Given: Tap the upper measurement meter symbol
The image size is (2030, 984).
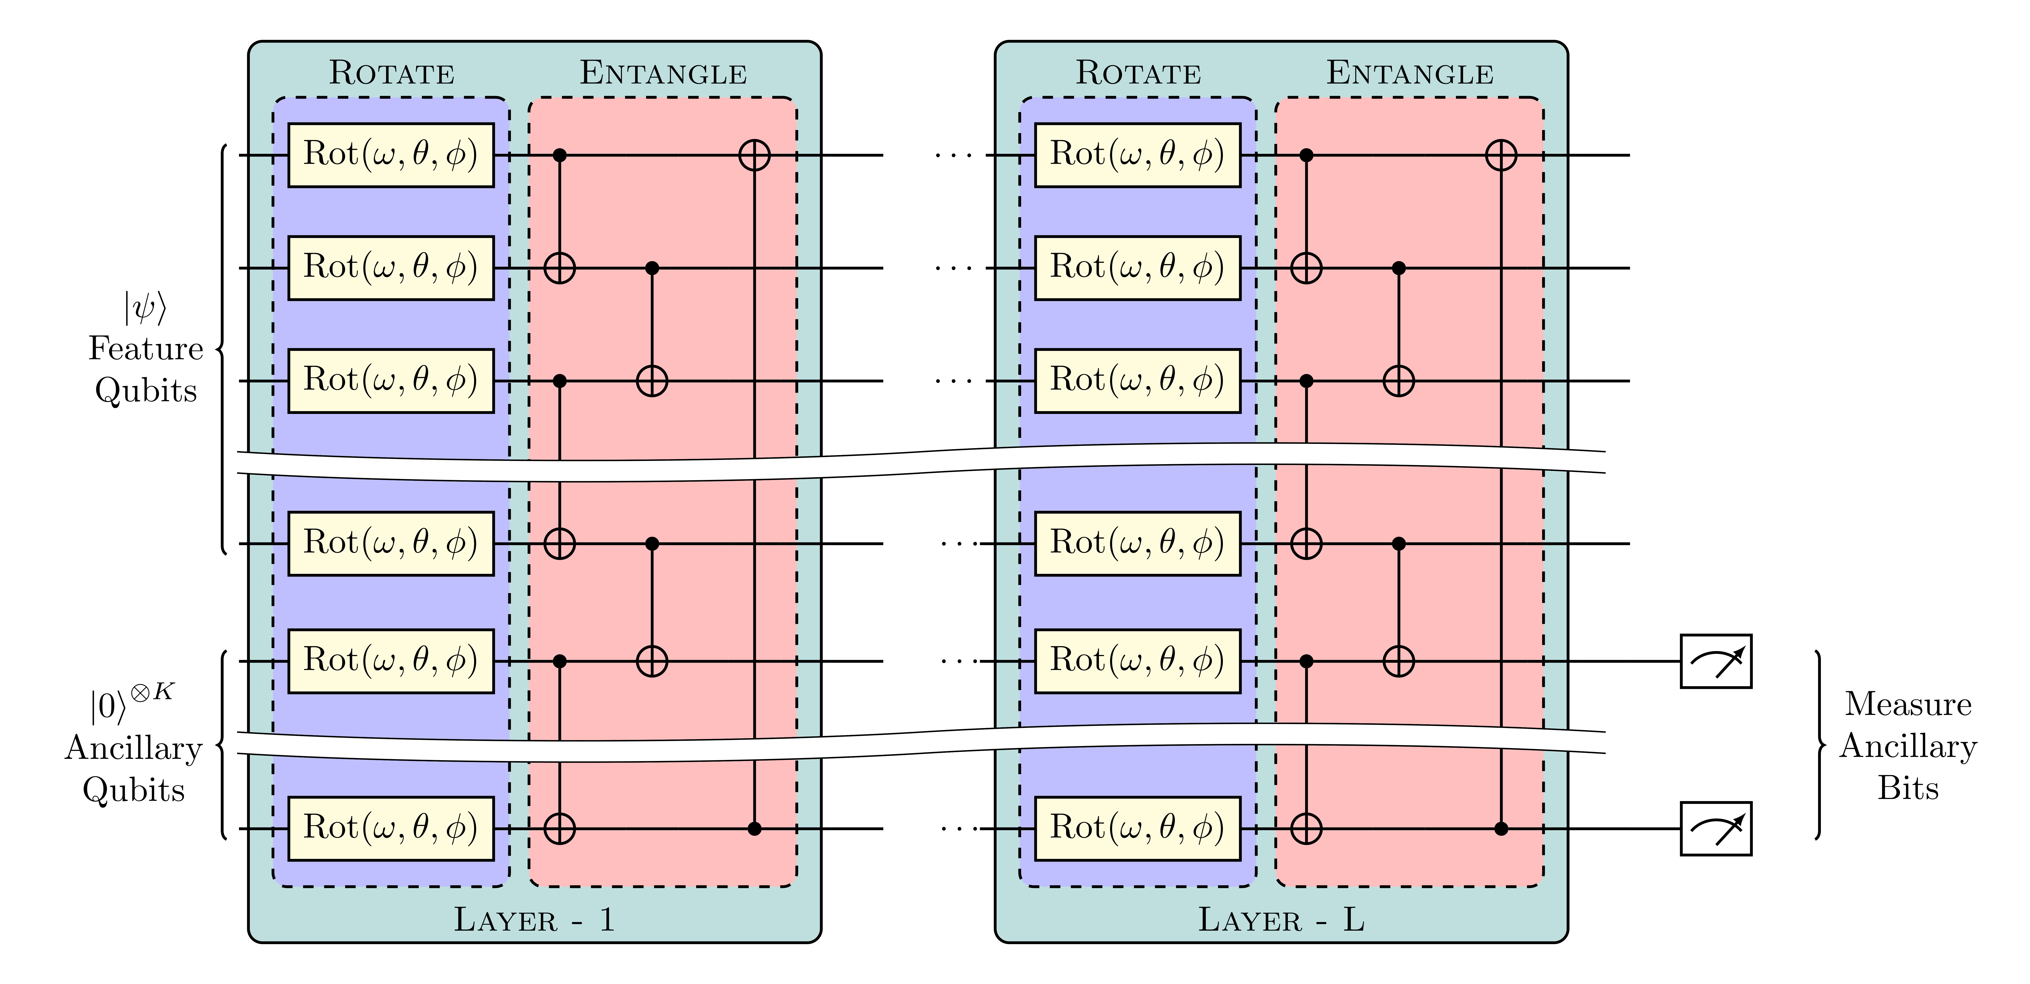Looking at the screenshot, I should (x=1716, y=661).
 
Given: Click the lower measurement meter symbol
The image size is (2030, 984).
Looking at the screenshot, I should (x=1716, y=828).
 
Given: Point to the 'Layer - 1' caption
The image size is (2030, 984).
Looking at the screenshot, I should (x=534, y=919).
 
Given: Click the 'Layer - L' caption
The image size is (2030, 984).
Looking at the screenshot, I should (x=1281, y=919).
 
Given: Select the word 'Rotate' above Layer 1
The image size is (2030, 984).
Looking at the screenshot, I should (x=392, y=73).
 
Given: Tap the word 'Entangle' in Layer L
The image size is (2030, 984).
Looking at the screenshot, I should (x=1410, y=73).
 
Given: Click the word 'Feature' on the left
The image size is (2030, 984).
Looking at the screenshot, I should (x=146, y=348).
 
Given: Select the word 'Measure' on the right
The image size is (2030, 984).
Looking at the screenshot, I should (x=1908, y=704).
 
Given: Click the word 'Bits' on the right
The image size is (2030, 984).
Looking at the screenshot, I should (x=1908, y=788).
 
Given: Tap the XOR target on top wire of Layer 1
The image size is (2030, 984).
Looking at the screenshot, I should (x=754, y=155).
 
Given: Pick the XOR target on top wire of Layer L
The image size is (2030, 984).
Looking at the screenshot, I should (x=1500, y=155).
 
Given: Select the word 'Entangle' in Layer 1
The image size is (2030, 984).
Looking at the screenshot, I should (x=664, y=73).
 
